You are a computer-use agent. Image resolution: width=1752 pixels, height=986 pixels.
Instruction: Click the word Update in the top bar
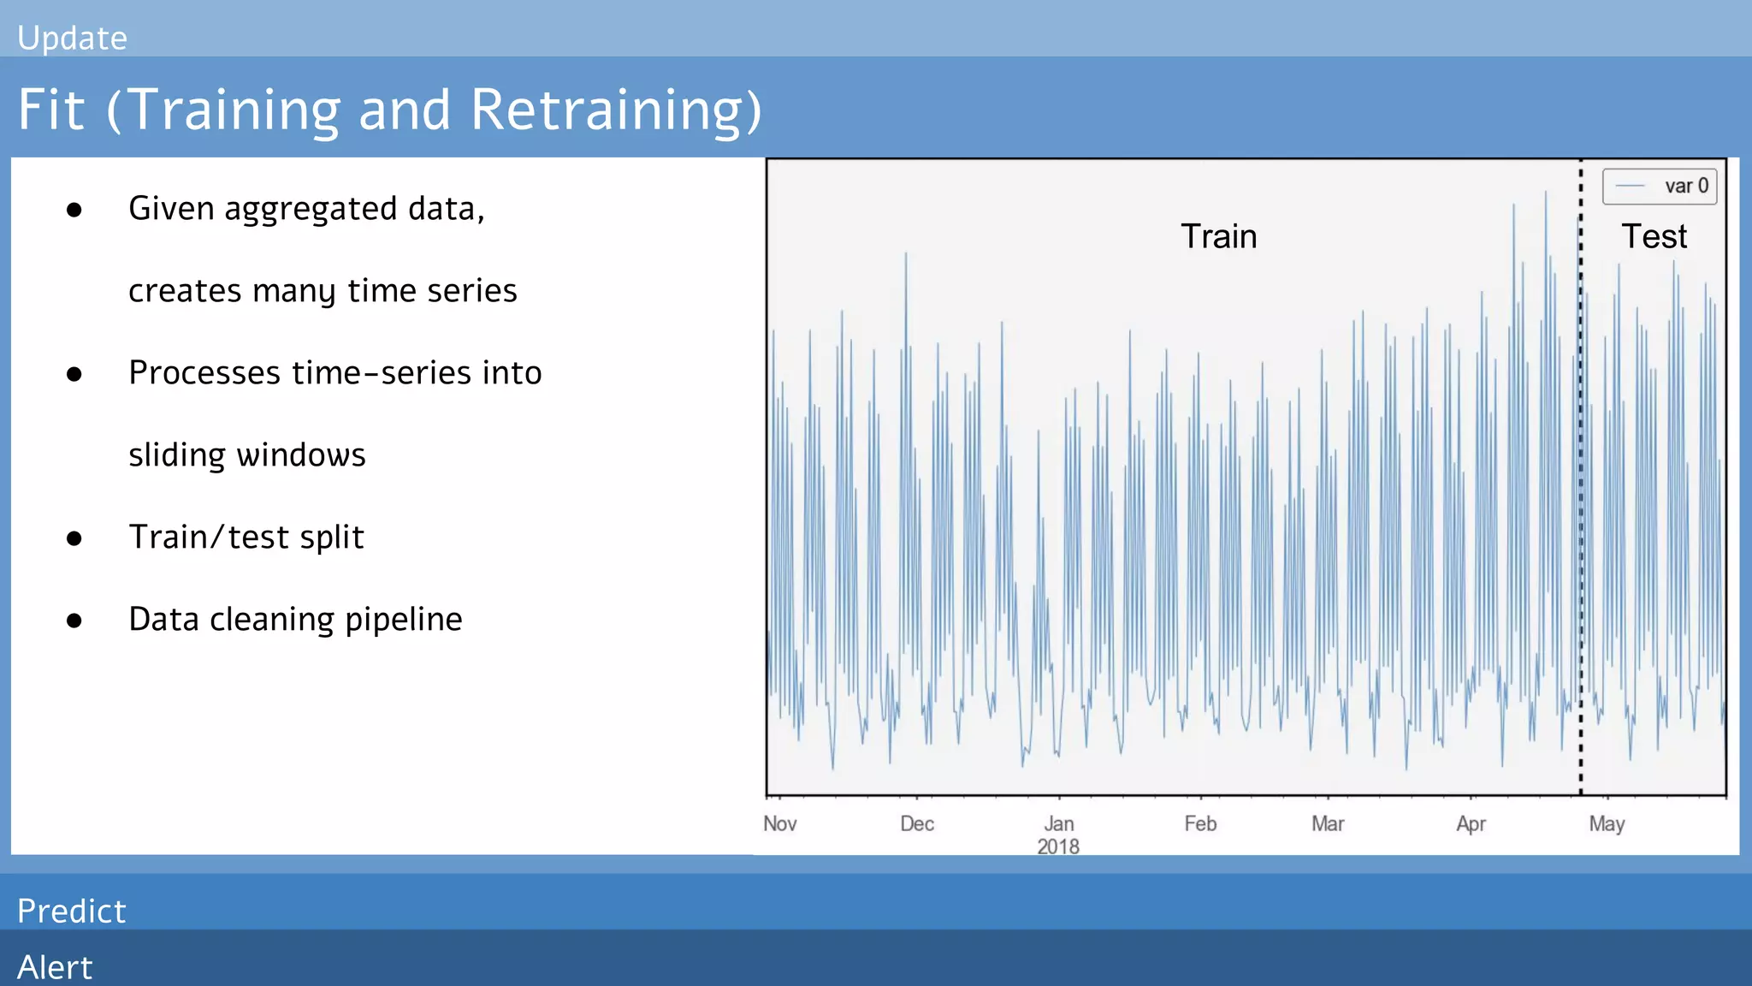coord(72,39)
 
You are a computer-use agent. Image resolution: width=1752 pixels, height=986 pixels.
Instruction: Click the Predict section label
coord(72,911)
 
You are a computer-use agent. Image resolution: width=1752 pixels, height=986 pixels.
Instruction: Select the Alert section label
coord(55,967)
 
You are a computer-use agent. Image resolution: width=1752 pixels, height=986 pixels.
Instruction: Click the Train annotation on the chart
coord(1218,236)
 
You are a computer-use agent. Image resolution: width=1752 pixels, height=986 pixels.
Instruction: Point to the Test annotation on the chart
coord(1654,236)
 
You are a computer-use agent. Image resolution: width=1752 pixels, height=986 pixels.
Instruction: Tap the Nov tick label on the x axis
coord(779,823)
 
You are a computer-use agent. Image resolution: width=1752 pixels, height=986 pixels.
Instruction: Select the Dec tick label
coord(916,823)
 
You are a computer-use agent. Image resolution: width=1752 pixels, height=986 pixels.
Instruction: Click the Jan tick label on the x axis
coord(1058,823)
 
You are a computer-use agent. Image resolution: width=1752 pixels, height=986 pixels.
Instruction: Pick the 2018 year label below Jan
coord(1058,846)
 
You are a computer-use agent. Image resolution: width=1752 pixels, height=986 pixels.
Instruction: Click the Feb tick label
coord(1199,823)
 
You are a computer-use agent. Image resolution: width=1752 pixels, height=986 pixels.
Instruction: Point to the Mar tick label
coord(1328,823)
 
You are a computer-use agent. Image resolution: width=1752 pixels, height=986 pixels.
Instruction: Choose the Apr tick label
coord(1471,824)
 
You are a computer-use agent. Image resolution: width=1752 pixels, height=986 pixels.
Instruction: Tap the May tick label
coord(1607,824)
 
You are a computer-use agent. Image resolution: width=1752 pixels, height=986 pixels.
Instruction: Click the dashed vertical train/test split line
coord(1580,514)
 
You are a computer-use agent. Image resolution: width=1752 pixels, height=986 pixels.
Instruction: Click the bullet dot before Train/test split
coord(74,538)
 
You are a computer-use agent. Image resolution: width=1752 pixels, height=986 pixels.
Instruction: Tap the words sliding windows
coord(246,455)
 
